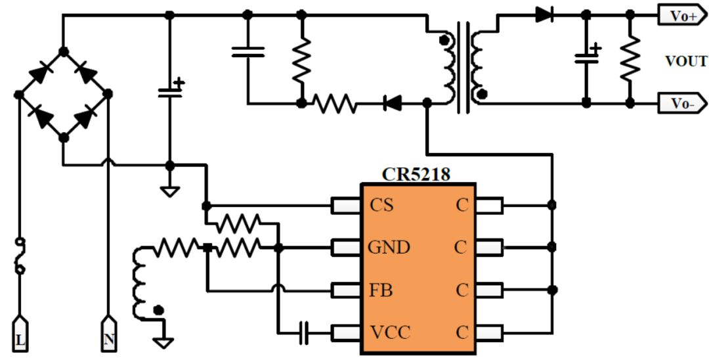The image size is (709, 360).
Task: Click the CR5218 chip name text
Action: tap(416, 174)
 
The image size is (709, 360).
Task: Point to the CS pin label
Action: tap(381, 206)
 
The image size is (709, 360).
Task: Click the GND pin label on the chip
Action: tap(389, 248)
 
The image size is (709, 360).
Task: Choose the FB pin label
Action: tap(380, 290)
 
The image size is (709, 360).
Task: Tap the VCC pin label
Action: tap(390, 332)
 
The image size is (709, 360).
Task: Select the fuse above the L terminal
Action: tap(20, 256)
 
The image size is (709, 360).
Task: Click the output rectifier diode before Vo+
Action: tap(544, 15)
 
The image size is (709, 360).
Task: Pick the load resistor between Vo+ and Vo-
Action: tap(630, 58)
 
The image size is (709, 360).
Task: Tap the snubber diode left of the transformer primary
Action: tap(391, 104)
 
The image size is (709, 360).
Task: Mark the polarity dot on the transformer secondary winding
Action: tap(482, 95)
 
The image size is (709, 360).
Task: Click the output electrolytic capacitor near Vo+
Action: tap(587, 57)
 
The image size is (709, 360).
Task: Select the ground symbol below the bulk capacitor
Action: tap(169, 191)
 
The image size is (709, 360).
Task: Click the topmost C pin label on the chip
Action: tap(462, 206)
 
